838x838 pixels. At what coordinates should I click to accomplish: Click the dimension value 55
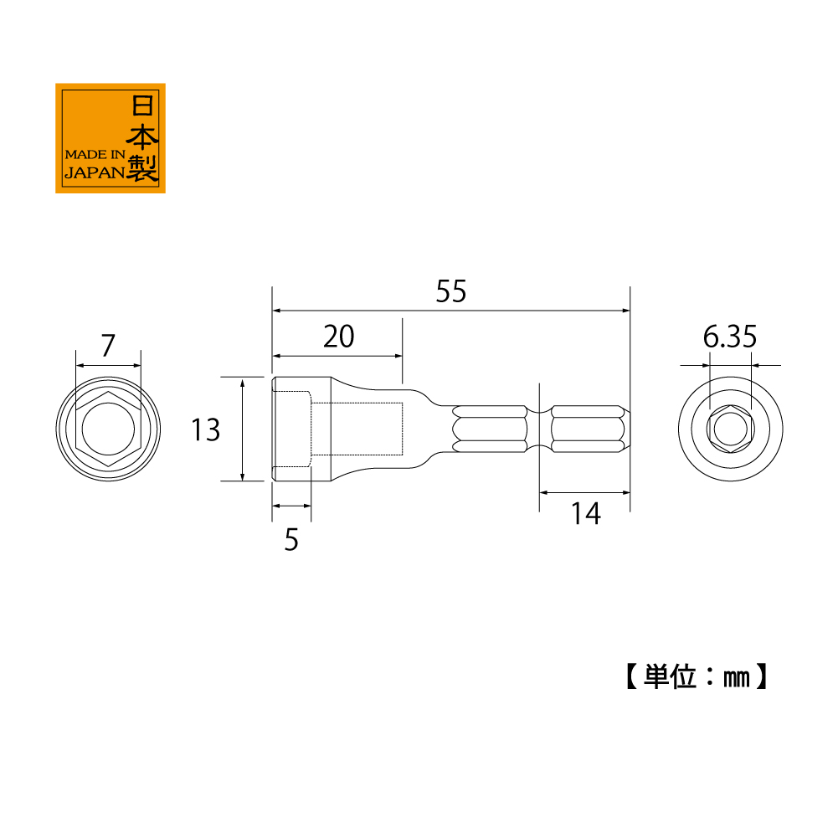(x=451, y=291)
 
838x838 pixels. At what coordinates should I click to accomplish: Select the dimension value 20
(x=339, y=337)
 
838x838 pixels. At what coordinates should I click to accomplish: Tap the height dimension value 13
(x=206, y=429)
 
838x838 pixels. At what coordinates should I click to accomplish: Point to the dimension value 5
(x=291, y=539)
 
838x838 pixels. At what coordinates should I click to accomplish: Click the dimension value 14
(x=586, y=513)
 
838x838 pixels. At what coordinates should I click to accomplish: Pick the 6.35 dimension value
(x=729, y=337)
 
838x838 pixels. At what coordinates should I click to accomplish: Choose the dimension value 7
(x=109, y=345)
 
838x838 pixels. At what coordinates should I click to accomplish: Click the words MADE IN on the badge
(x=95, y=154)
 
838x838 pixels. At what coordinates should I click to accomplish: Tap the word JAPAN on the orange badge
(x=95, y=172)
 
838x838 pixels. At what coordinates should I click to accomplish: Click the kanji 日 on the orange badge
(x=142, y=105)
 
